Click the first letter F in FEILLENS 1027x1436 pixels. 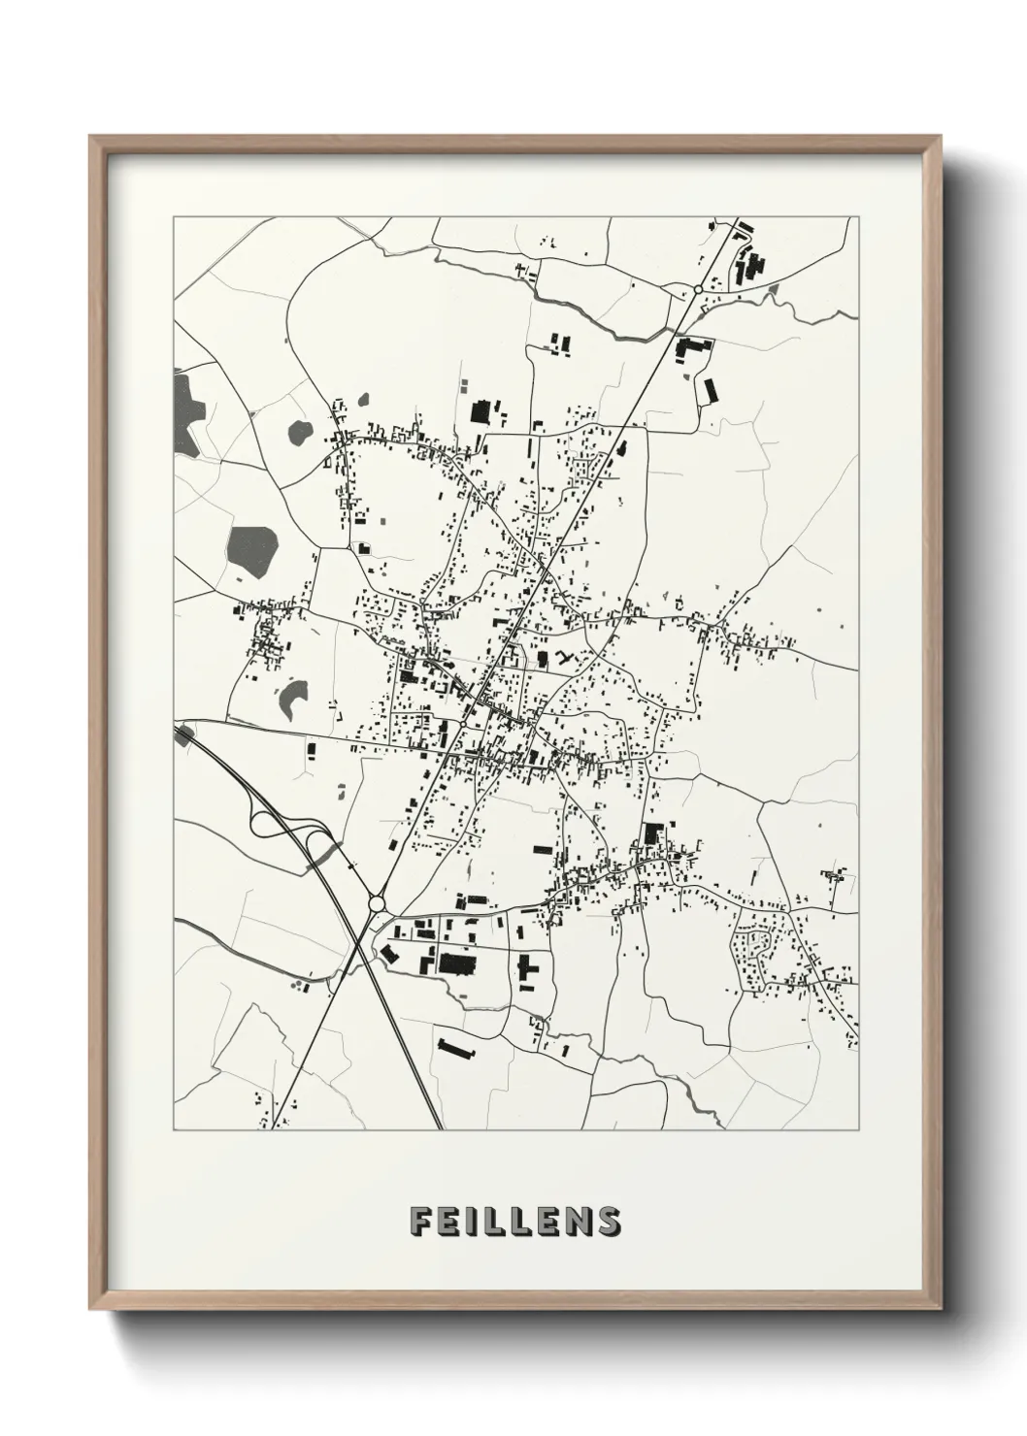421,1220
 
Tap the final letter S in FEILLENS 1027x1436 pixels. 609,1220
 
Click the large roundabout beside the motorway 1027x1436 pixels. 378,904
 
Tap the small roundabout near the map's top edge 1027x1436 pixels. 698,289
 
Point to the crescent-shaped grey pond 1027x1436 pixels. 292,696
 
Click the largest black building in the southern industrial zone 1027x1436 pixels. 454,963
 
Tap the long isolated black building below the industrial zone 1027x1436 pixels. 456,1050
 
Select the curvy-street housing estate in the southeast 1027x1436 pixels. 756,946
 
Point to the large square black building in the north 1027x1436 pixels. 480,411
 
